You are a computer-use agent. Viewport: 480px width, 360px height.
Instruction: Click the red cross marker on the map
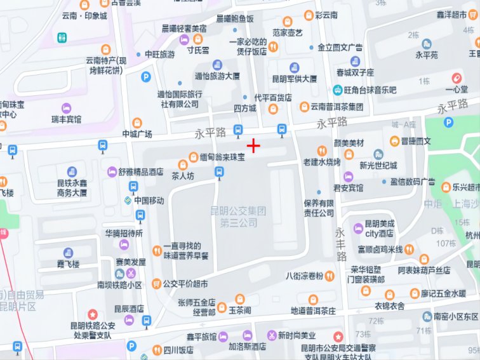254,147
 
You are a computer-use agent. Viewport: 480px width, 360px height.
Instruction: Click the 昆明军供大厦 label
294,79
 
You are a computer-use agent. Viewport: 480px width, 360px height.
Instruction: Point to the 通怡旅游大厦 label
217,76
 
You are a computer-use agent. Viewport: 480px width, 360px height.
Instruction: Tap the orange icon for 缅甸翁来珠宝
194,156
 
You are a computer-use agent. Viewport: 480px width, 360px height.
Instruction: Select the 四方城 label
244,108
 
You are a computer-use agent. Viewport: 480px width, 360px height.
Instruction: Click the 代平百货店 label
273,98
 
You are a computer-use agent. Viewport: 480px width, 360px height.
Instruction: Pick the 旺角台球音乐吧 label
370,90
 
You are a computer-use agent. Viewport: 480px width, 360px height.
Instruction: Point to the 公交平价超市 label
185,284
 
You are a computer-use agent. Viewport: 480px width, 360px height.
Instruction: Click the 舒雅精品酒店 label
141,171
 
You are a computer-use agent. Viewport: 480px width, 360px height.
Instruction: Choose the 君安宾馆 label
349,188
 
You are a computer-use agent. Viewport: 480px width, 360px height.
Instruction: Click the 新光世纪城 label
378,165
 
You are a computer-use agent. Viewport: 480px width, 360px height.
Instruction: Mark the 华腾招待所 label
124,233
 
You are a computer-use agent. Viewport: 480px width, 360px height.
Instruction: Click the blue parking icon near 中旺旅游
145,77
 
